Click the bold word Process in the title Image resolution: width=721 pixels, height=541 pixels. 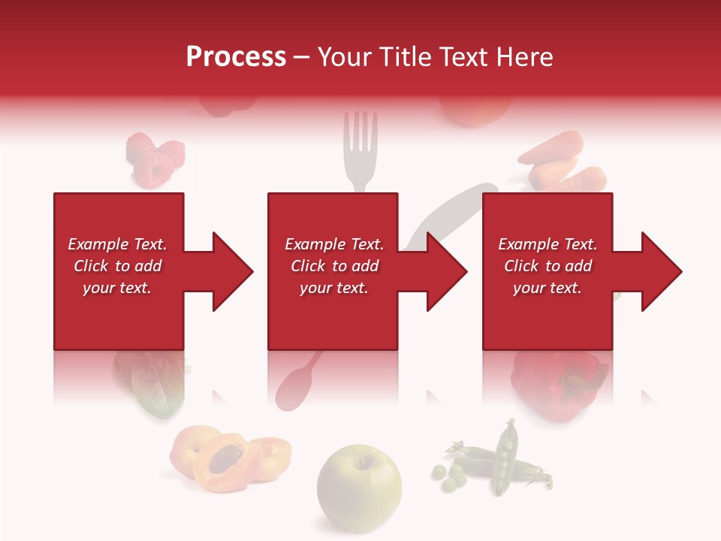[x=236, y=57]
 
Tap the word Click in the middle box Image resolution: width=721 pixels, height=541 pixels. [x=309, y=266]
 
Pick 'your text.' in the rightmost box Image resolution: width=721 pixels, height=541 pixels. [x=547, y=288]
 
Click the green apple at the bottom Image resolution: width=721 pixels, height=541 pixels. [x=359, y=481]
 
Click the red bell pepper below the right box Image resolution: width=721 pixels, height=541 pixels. [x=556, y=383]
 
